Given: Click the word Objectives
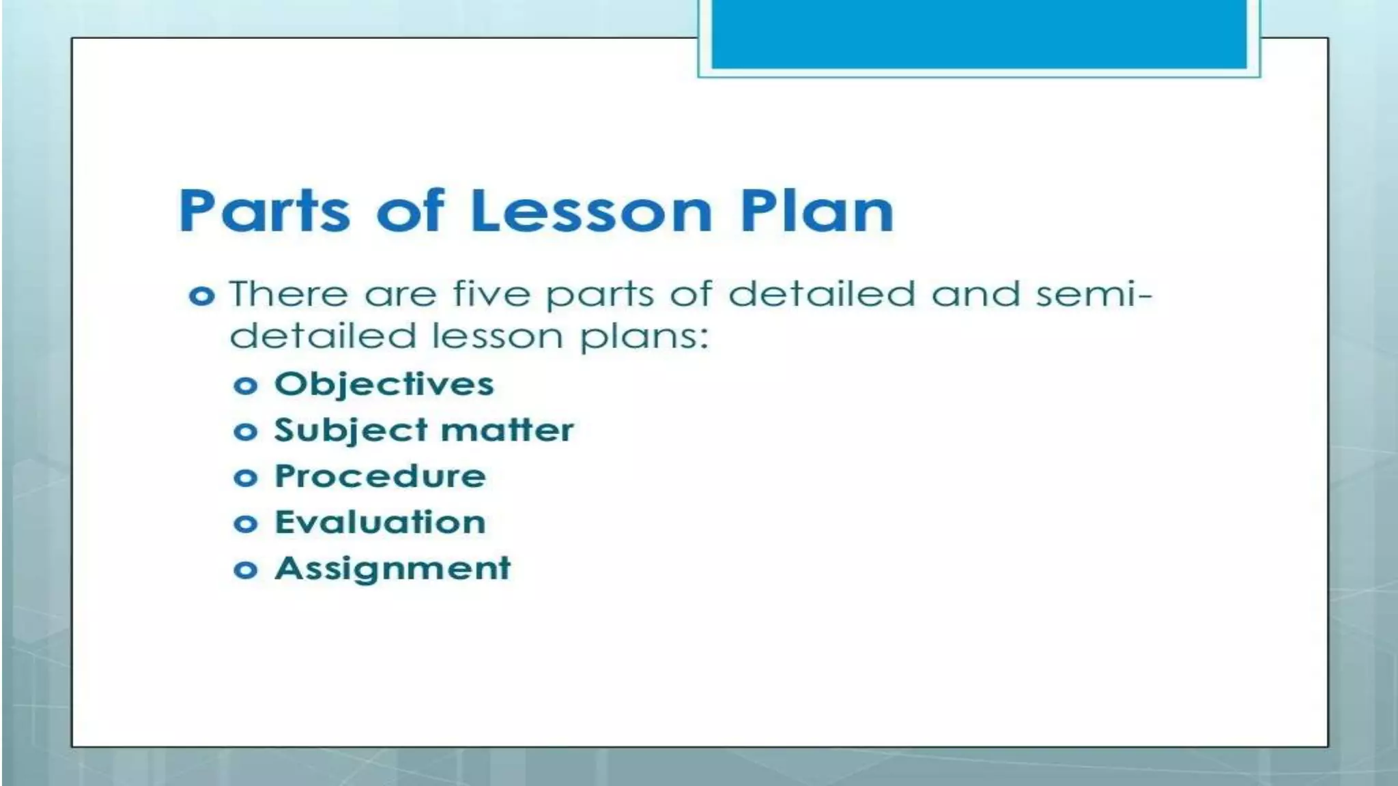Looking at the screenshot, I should [x=384, y=384].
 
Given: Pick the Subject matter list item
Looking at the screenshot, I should [x=424, y=431].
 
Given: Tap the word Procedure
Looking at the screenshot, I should [x=380, y=476].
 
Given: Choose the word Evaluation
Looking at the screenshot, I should [x=380, y=523].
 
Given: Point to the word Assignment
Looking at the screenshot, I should [x=393, y=569].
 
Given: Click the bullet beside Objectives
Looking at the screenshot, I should [x=245, y=386].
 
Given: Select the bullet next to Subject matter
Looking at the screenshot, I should [x=245, y=432].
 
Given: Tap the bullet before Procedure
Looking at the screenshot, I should [x=245, y=478].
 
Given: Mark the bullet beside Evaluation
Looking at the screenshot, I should [x=245, y=524].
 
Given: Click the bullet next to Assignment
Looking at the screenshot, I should [x=245, y=570].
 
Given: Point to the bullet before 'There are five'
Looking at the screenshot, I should [x=201, y=296].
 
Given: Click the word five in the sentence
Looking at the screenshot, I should [x=491, y=295].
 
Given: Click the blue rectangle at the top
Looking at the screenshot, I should [x=979, y=34].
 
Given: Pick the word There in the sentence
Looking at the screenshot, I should [x=289, y=295].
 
